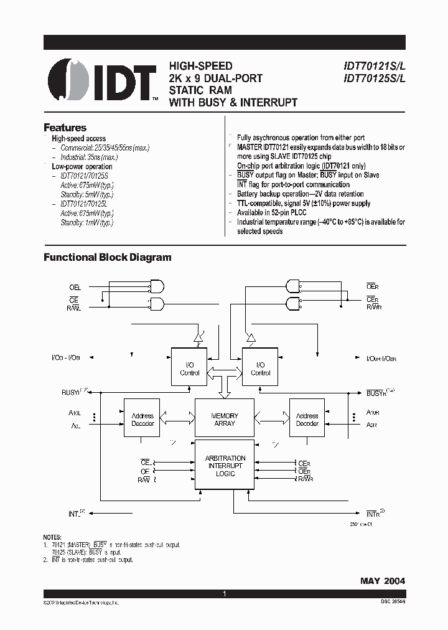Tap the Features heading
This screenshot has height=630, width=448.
(x=65, y=127)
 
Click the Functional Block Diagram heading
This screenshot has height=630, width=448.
(x=107, y=257)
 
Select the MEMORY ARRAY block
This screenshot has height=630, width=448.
(x=225, y=419)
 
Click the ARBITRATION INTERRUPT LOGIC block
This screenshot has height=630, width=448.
(x=225, y=466)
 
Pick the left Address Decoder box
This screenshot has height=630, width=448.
(x=142, y=420)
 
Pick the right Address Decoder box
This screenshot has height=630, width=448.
(x=307, y=420)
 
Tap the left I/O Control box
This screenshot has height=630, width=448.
(x=189, y=369)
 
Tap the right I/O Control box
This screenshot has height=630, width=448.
(x=260, y=369)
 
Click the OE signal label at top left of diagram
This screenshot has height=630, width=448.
(x=75, y=288)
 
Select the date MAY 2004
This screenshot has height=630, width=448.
(x=382, y=580)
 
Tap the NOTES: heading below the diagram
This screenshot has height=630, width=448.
(x=52, y=537)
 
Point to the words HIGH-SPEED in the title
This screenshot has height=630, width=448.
(x=200, y=66)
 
